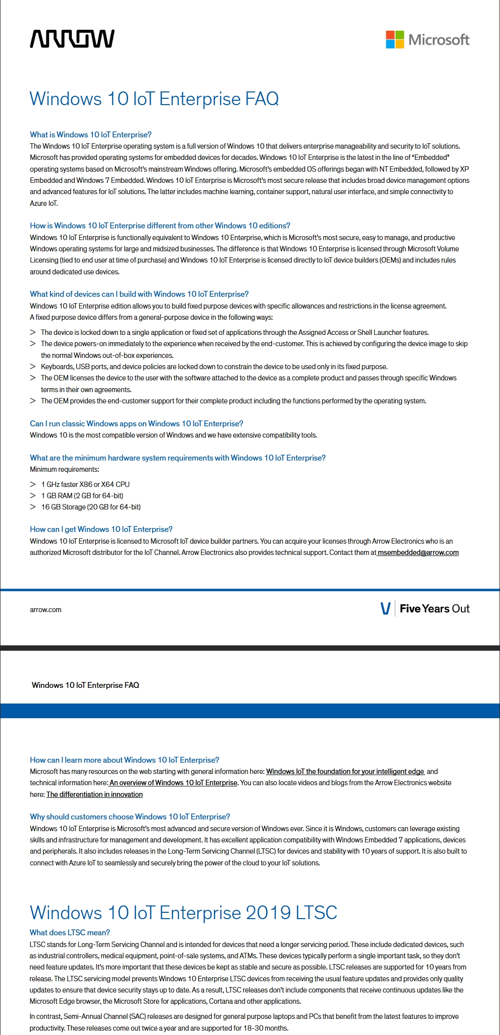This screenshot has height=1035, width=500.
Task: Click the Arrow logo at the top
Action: tap(72, 39)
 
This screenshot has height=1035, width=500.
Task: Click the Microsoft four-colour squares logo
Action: tap(395, 40)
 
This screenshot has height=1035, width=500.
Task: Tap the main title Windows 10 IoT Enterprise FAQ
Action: tap(154, 99)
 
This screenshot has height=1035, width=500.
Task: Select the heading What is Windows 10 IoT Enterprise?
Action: tap(91, 134)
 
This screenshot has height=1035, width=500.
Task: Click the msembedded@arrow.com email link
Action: tap(418, 552)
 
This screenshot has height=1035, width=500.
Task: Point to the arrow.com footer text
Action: tap(45, 610)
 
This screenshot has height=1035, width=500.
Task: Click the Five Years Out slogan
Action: tap(434, 609)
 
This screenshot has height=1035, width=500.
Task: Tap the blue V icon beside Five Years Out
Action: tap(386, 609)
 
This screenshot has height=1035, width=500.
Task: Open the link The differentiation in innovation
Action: tap(94, 794)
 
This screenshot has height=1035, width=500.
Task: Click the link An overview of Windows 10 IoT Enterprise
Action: tap(173, 783)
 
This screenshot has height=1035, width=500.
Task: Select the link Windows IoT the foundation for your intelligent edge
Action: tap(345, 771)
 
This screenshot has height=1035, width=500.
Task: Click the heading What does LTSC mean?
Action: tap(69, 932)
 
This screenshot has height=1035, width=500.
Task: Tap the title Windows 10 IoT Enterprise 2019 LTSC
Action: tap(183, 913)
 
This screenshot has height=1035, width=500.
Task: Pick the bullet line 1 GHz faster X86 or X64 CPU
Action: tap(85, 484)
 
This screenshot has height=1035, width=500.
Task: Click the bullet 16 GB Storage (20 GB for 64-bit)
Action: tap(91, 507)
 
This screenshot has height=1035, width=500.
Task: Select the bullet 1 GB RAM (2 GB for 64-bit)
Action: tap(82, 495)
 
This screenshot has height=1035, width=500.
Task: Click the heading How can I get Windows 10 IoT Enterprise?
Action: tap(101, 529)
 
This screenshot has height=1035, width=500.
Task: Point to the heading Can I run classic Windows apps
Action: tap(136, 423)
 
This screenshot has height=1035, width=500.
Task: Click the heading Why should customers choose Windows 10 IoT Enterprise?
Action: tap(130, 816)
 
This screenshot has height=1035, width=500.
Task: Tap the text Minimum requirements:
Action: tap(64, 469)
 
